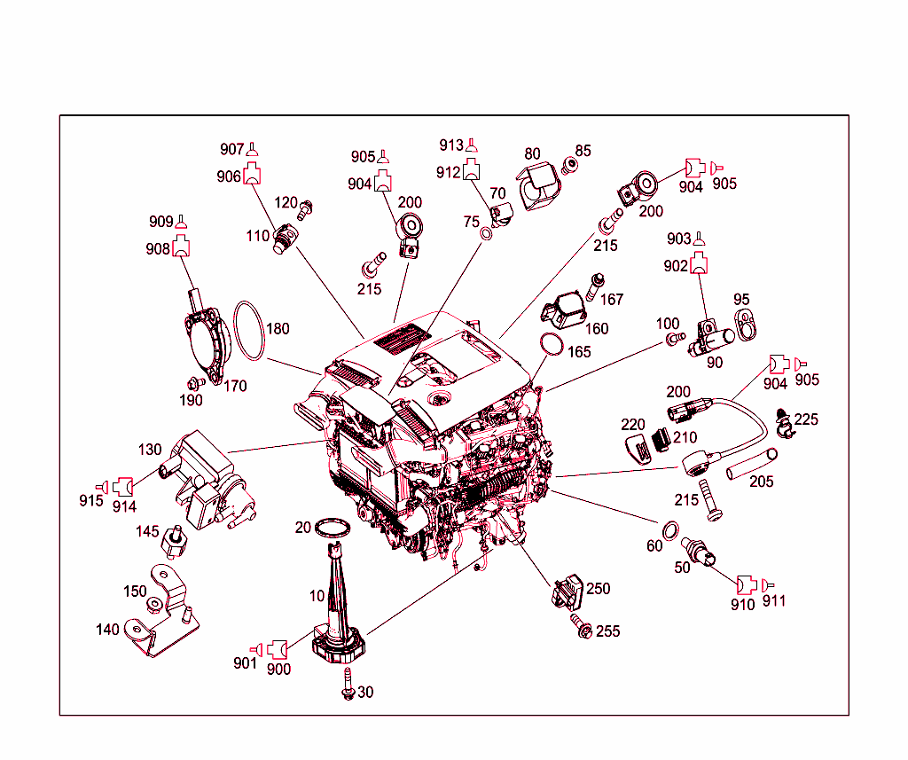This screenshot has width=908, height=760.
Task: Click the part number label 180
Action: (278, 329)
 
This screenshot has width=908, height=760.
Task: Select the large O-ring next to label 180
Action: (250, 332)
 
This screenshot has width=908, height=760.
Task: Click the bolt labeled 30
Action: (347, 691)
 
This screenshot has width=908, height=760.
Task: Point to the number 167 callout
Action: (612, 300)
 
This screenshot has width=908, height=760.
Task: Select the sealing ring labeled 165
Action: (551, 344)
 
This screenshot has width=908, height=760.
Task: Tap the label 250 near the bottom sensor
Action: (599, 589)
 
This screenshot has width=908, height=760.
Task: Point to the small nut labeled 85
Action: (571, 165)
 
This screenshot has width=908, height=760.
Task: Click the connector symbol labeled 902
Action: (700, 262)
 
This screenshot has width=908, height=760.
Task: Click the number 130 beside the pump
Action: (150, 450)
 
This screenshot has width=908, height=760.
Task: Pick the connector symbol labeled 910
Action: (745, 584)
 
